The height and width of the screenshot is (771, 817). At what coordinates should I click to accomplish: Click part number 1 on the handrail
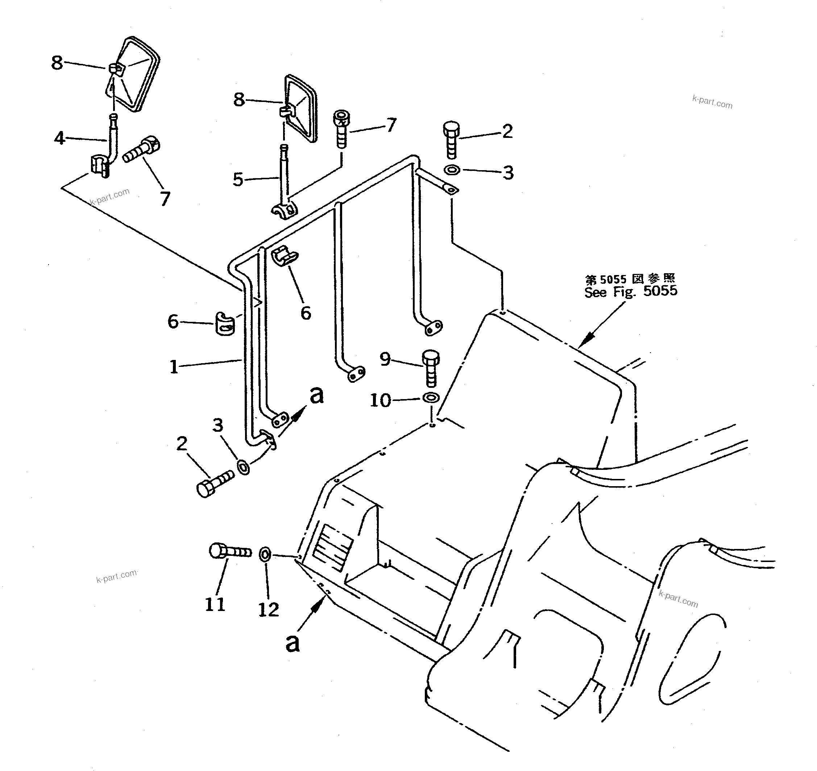click(174, 366)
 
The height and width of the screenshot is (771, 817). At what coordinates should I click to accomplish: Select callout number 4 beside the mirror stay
click(59, 138)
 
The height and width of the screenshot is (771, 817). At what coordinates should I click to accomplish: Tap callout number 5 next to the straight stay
click(238, 179)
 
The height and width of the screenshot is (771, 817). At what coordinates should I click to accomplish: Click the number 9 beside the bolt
click(385, 359)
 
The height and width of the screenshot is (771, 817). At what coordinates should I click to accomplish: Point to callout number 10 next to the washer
click(380, 400)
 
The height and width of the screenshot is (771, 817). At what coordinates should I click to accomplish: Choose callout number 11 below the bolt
click(215, 604)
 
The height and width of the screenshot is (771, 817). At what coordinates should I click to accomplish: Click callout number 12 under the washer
click(268, 609)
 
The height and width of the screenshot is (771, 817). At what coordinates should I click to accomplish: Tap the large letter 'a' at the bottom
click(293, 643)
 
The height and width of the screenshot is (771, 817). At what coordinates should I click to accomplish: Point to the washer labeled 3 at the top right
click(452, 169)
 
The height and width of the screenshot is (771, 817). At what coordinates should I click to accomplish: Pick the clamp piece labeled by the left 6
click(224, 323)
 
